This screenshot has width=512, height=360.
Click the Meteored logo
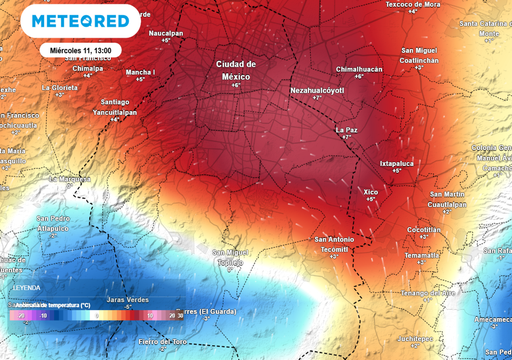pos(80,21)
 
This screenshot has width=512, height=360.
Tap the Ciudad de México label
pos(236,70)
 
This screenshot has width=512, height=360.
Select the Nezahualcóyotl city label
pos(317,90)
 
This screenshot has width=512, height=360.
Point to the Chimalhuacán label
pos(359,69)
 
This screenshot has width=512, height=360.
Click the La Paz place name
pos(346,129)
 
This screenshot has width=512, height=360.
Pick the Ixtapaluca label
pos(397,163)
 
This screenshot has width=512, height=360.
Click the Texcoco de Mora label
pos(413,4)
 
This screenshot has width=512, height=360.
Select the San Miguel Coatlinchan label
pos(420,54)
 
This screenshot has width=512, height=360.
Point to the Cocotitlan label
pos(424,229)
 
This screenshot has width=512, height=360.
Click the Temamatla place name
pos(421,255)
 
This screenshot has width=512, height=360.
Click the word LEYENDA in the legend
pos(26,286)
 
